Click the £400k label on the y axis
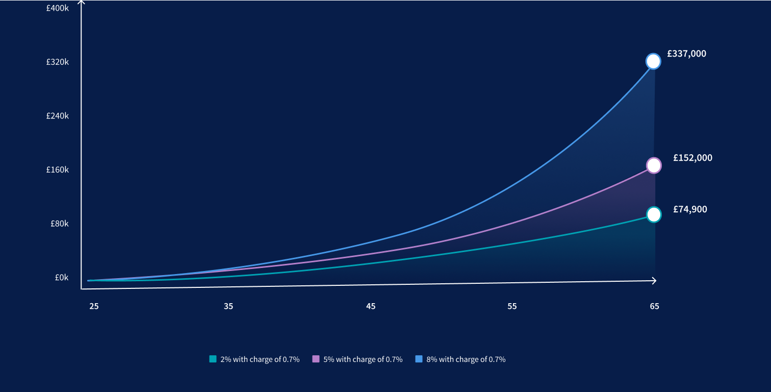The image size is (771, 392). [57, 8]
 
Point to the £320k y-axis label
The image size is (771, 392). [57, 62]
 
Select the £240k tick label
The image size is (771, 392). [57, 116]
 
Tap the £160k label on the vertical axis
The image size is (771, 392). [57, 169]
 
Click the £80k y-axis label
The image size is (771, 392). [59, 224]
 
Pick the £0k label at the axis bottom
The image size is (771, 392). [61, 278]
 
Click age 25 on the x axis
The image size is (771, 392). [94, 306]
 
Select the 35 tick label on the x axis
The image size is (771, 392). [228, 306]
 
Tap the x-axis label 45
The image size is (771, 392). [371, 306]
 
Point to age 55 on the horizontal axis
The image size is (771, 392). [512, 306]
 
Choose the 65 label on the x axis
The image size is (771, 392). [654, 306]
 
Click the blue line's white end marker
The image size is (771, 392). [653, 61]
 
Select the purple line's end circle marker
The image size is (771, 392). [654, 165]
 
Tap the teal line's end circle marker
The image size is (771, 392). [654, 214]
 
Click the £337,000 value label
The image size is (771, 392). [686, 54]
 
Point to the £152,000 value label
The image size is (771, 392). [692, 158]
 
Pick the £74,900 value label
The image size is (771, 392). [690, 209]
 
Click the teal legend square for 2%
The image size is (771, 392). [213, 359]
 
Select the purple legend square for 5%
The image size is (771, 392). [316, 359]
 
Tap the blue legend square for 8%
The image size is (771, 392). [419, 359]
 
